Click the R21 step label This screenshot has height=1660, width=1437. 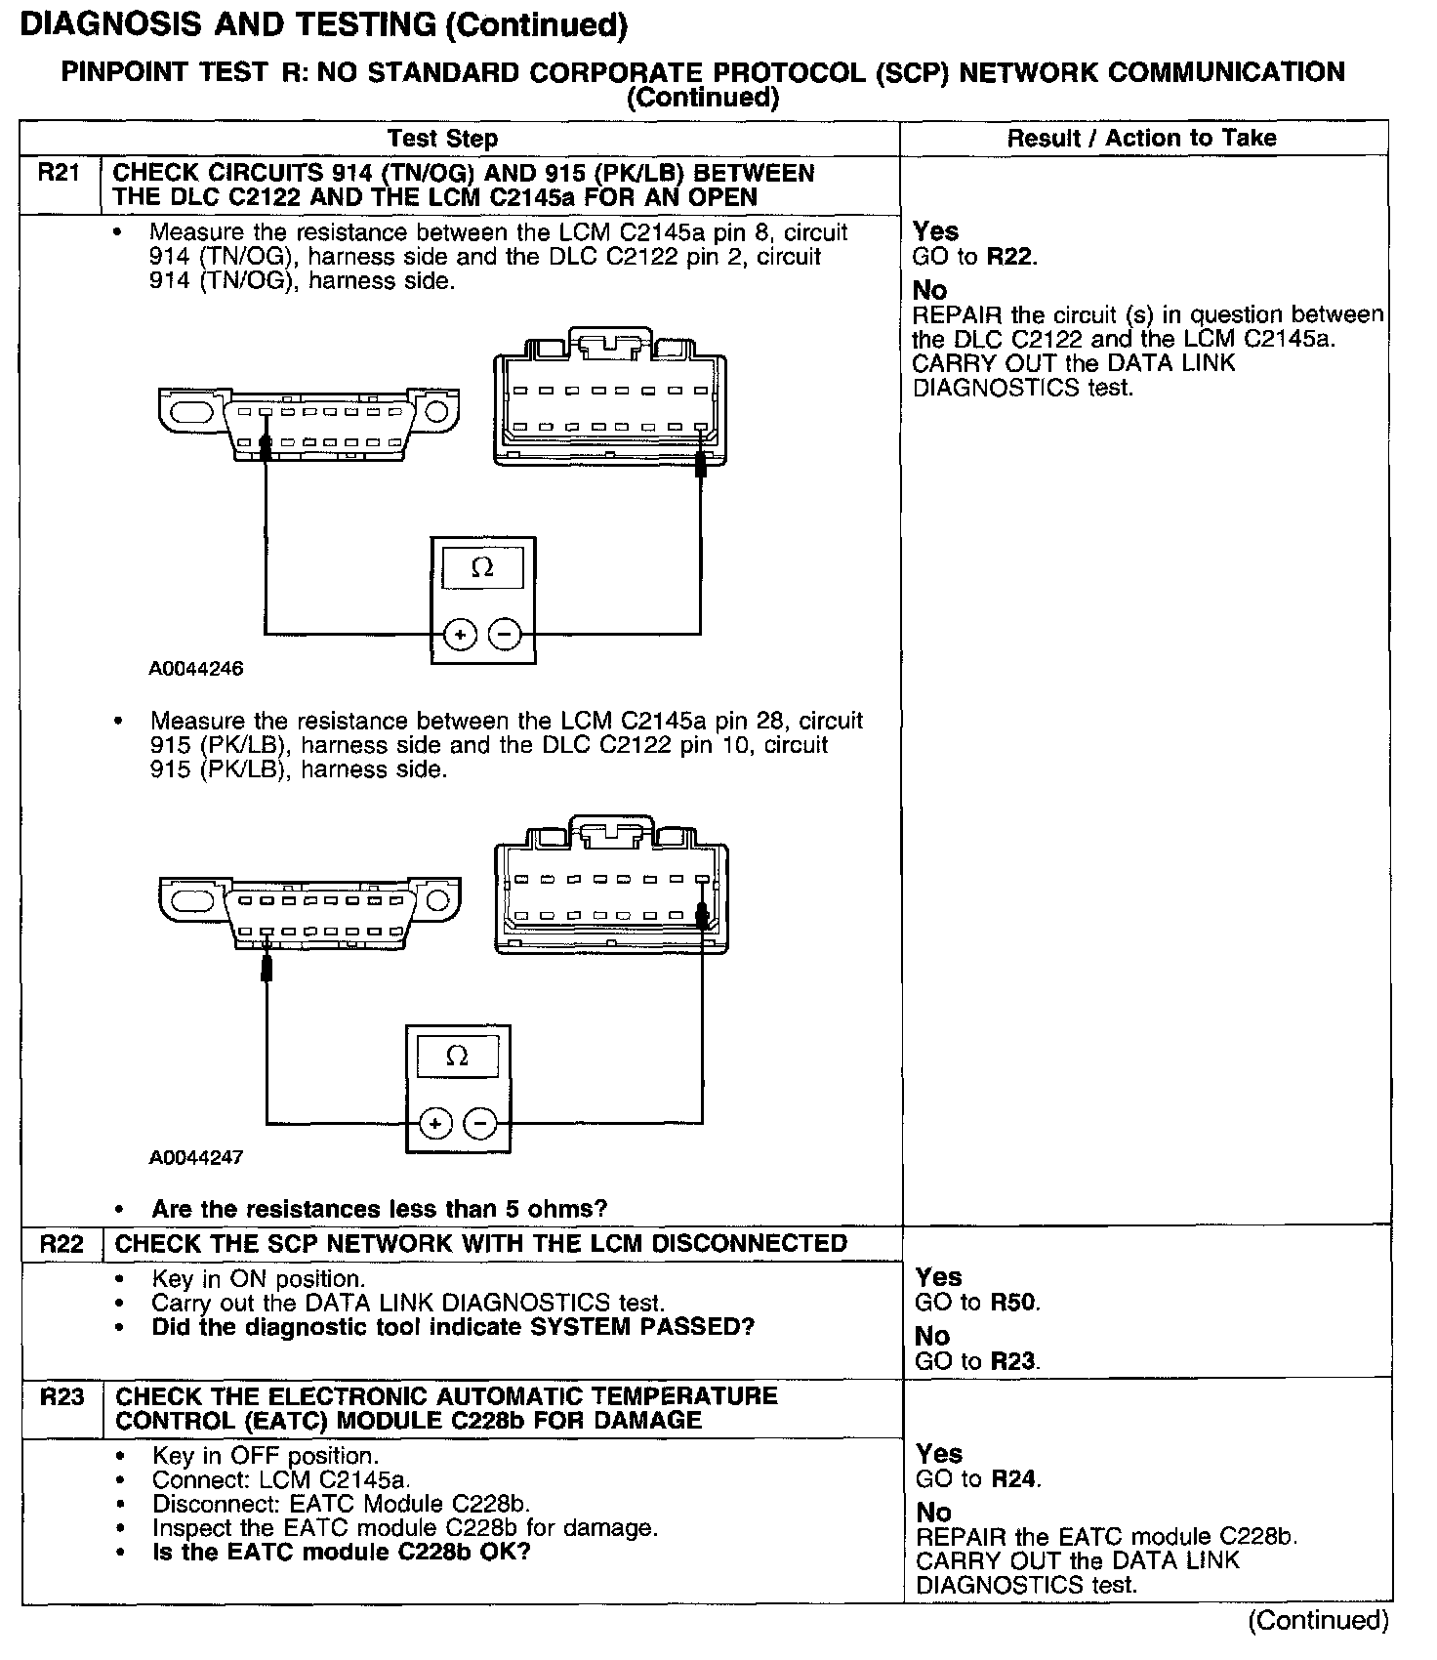coord(59,174)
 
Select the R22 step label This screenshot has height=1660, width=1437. coord(62,1244)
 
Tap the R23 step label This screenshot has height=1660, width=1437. coord(62,1396)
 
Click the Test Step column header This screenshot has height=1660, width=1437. coord(442,139)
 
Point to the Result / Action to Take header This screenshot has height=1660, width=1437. coord(1141,139)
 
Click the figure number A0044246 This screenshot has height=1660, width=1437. coord(196,669)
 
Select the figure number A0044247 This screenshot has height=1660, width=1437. coord(196,1157)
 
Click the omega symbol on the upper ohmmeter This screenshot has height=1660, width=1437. coord(482,567)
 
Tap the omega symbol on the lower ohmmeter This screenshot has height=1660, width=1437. coord(457,1056)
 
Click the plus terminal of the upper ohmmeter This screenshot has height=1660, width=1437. coord(460,636)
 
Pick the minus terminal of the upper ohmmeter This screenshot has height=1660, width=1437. coord(505,636)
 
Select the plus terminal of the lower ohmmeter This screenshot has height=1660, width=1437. coord(434,1124)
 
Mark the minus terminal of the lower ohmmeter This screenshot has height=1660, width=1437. coord(479,1124)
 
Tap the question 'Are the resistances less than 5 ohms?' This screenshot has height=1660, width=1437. coord(379,1209)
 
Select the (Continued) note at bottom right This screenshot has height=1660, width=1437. coord(1318,1621)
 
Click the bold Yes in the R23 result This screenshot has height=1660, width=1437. coord(938,1454)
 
